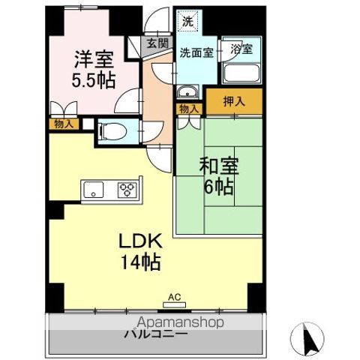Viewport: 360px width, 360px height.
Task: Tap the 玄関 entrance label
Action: coord(157,44)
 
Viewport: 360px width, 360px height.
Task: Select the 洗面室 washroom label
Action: coord(195,53)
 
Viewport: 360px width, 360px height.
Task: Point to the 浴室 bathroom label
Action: coord(241,49)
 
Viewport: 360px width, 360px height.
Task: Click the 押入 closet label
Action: coord(234,99)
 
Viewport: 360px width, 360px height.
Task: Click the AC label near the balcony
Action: coord(175,297)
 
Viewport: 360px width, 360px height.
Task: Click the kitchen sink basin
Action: coord(95,189)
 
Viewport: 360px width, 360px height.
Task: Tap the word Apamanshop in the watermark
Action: coord(180,323)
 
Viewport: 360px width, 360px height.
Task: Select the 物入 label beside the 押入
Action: coord(189,109)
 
